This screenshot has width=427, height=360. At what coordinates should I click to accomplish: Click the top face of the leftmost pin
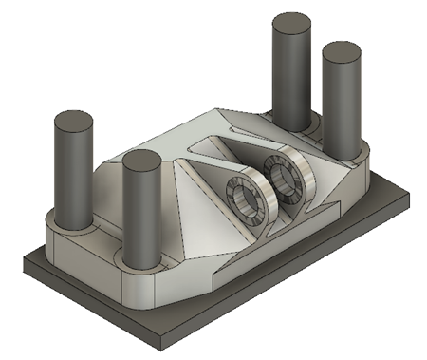coord(73,122)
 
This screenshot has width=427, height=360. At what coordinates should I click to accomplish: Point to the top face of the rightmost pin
coord(343,51)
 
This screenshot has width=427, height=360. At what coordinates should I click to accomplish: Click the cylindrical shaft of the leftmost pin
coord(73,176)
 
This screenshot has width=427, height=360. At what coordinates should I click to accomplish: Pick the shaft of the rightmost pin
coord(342,104)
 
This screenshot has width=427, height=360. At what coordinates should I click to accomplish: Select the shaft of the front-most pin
coord(142,214)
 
